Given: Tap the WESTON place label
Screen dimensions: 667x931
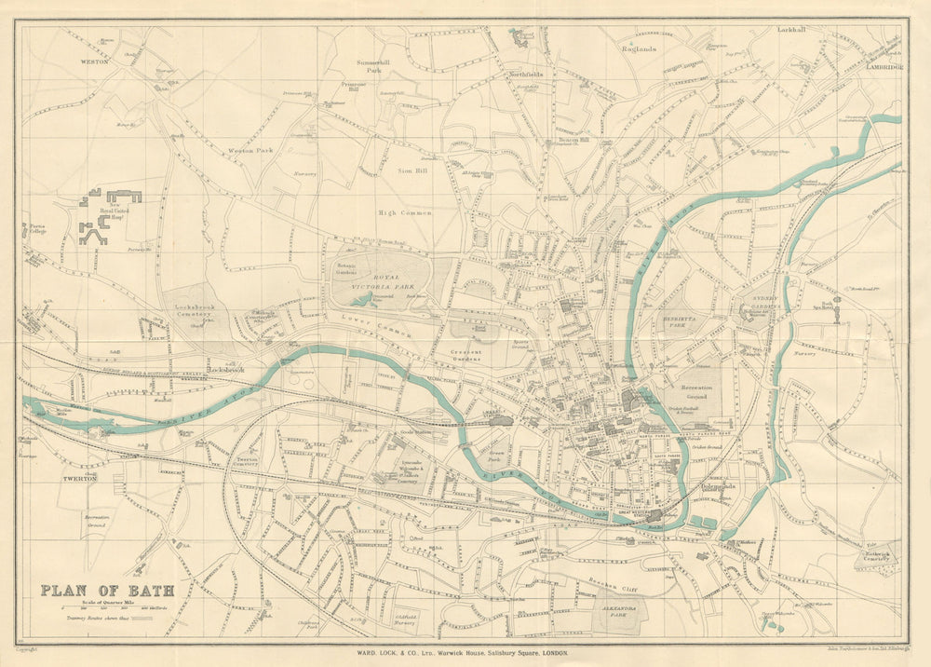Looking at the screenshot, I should [x=94, y=61].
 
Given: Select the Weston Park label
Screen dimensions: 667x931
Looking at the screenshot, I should [x=251, y=149].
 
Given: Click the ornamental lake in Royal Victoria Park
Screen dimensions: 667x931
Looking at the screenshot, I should [x=363, y=299].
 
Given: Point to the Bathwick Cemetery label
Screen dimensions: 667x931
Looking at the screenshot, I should [x=879, y=556].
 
